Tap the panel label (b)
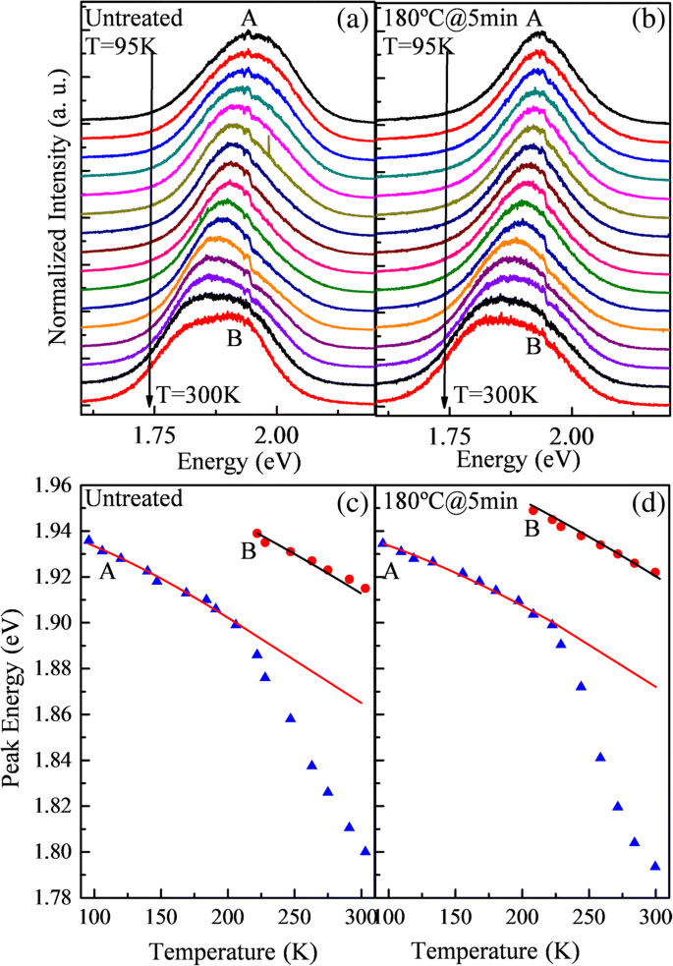[x=644, y=20]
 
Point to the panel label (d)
[x=644, y=498]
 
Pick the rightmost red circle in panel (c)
[x=365, y=588]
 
